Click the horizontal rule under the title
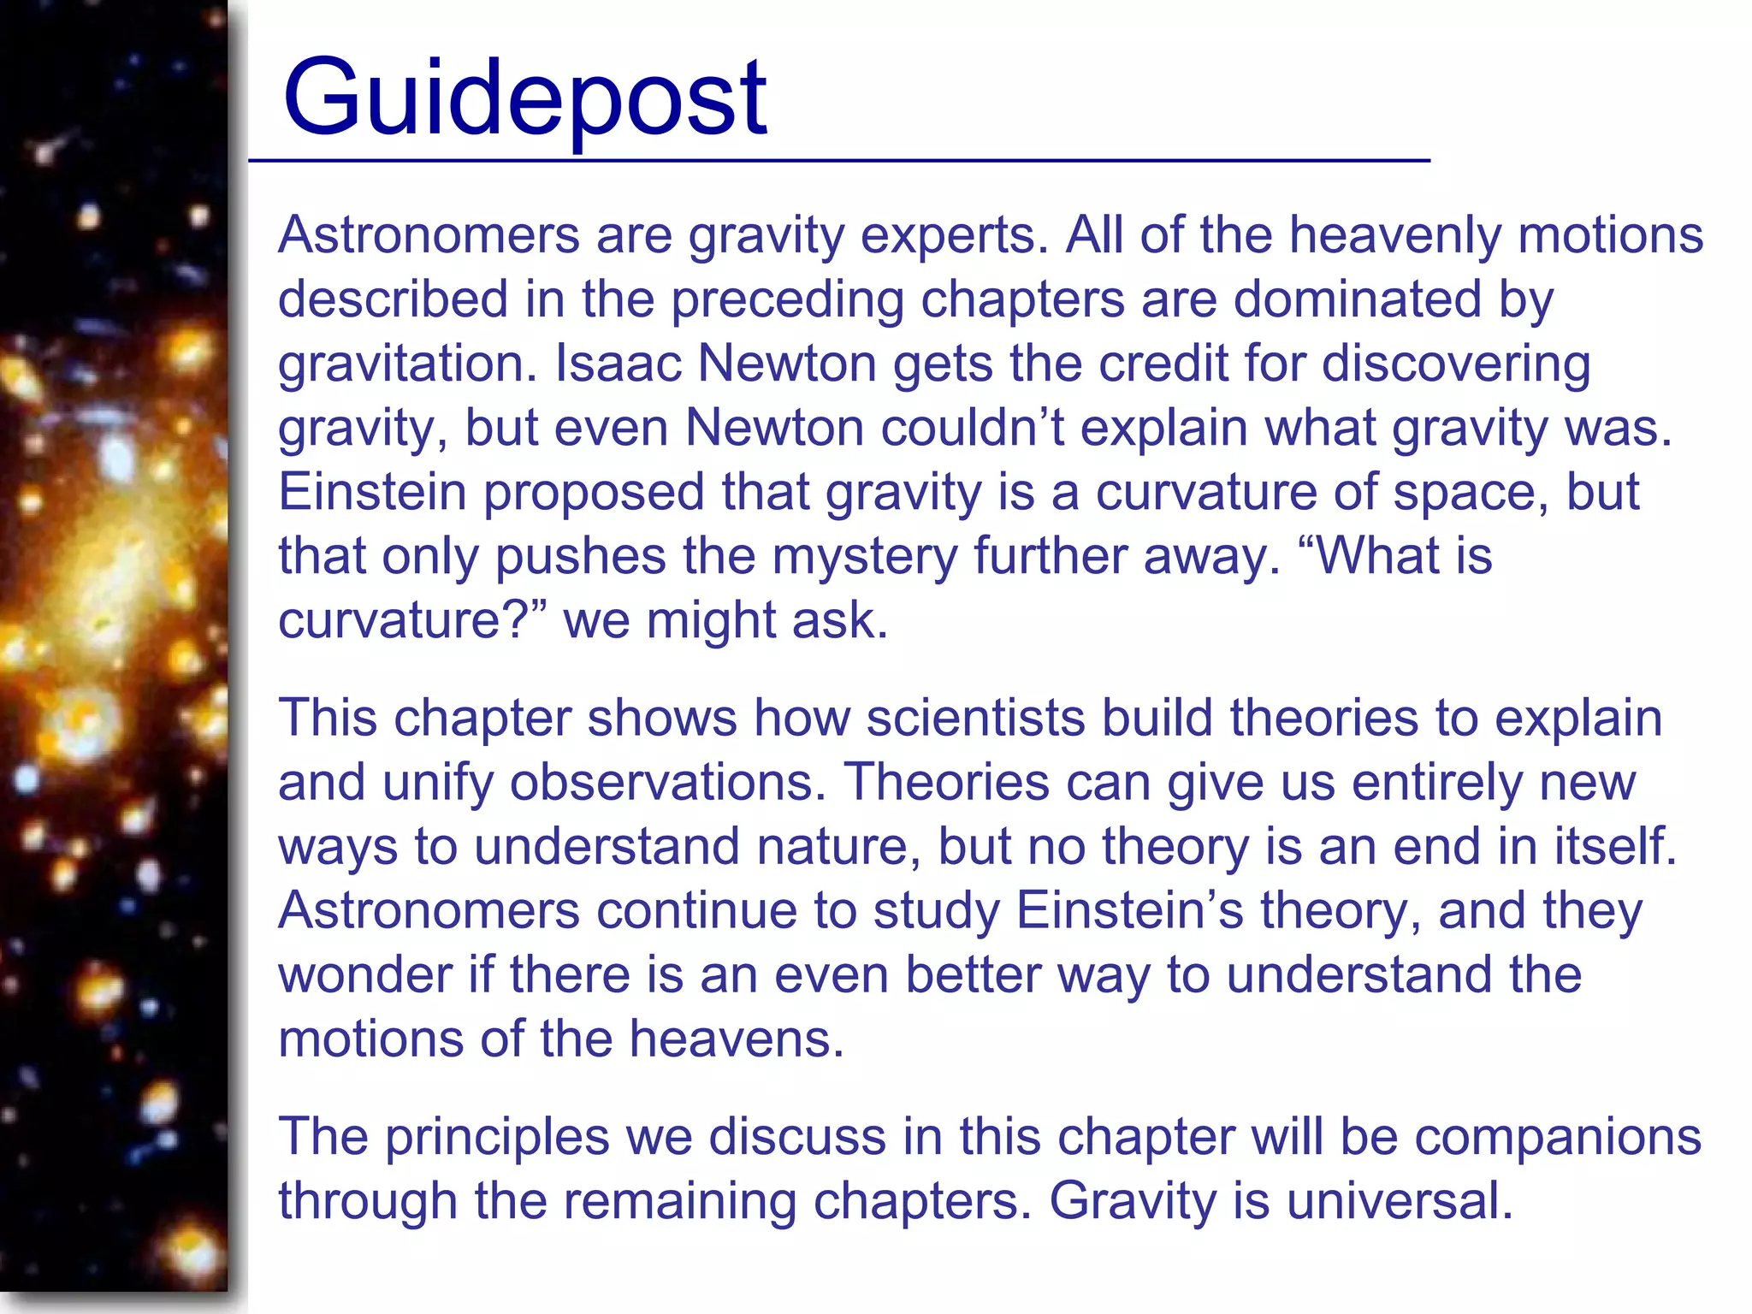point(838,160)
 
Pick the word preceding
point(786,299)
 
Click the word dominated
point(1356,299)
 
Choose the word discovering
point(1456,363)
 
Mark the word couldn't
point(973,427)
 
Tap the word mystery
point(864,556)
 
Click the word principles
point(496,1137)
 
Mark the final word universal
point(1400,1201)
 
